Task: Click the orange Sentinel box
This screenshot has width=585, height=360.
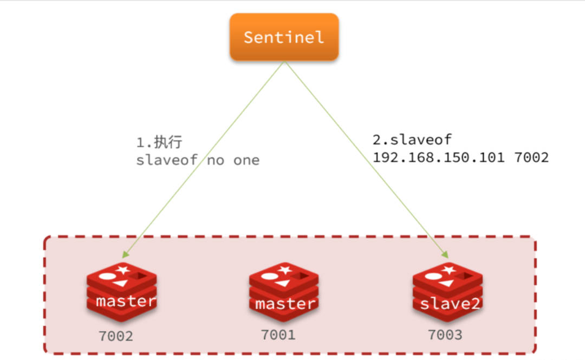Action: tap(284, 37)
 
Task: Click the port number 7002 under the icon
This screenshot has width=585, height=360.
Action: tap(115, 336)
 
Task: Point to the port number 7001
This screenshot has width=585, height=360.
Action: tap(278, 335)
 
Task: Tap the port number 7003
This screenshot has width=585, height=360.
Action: tap(445, 335)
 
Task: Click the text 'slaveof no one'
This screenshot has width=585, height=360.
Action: tap(198, 161)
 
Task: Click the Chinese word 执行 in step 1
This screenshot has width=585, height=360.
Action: tap(168, 143)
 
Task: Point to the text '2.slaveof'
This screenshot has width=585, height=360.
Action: tap(412, 140)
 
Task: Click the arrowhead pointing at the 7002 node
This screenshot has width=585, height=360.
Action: tap(126, 253)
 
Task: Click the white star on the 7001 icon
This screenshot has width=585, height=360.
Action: tap(285, 269)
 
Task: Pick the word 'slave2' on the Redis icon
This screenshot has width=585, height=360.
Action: tap(450, 304)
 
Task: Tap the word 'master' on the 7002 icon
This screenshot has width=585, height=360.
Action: tap(126, 302)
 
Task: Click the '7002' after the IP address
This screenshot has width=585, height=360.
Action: tap(531, 158)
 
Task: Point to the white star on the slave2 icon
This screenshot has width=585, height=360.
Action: tap(448, 269)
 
